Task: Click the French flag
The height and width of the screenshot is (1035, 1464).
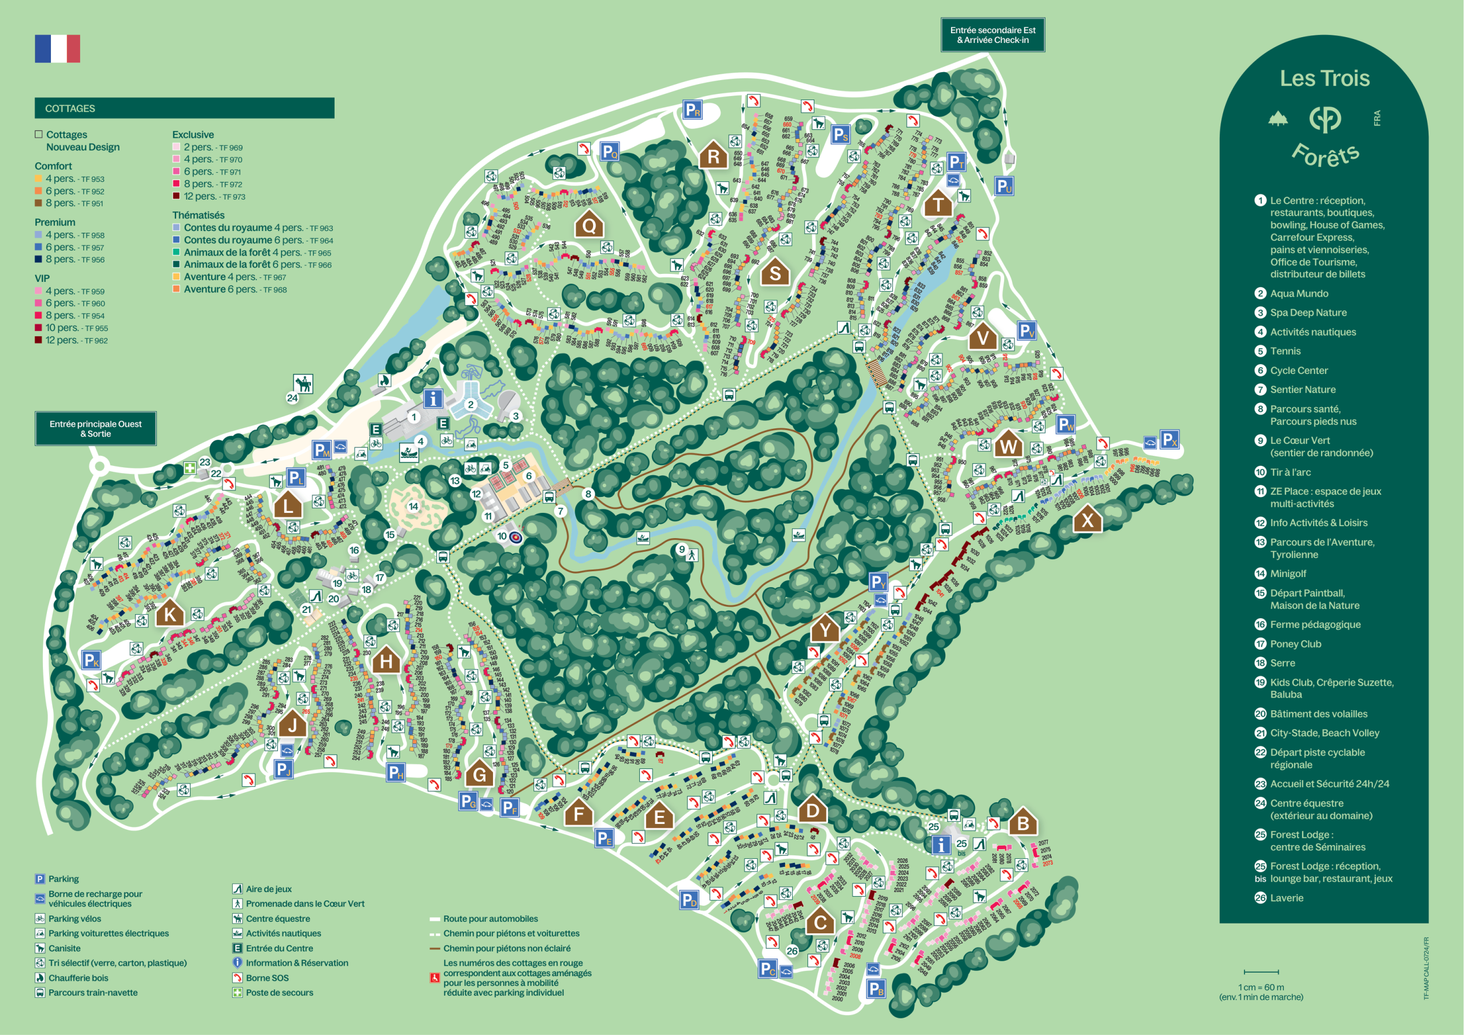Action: click(57, 49)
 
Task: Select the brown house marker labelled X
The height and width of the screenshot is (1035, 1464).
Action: click(1087, 519)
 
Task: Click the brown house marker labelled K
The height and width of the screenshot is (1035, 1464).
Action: click(170, 614)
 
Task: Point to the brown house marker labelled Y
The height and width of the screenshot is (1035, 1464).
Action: click(825, 629)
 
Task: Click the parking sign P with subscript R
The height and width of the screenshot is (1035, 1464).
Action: click(693, 110)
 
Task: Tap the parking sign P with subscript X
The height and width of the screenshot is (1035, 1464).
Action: click(1169, 439)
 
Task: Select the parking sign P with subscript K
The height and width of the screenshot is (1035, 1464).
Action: click(91, 660)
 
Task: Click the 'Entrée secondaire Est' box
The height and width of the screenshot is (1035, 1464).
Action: click(992, 34)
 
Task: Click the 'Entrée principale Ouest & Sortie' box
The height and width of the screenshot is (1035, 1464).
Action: click(96, 428)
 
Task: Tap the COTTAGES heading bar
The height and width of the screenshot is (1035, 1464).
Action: click(184, 108)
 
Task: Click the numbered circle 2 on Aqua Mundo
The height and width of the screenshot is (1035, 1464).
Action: click(471, 404)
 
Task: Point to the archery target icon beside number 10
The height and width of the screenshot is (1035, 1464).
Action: click(516, 537)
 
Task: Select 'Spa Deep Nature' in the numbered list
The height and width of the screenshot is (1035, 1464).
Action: click(1308, 312)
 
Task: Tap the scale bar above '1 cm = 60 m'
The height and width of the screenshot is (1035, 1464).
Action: click(1260, 972)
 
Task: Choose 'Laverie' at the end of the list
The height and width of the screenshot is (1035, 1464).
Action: click(1286, 898)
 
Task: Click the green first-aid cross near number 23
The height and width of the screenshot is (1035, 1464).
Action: click(189, 467)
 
